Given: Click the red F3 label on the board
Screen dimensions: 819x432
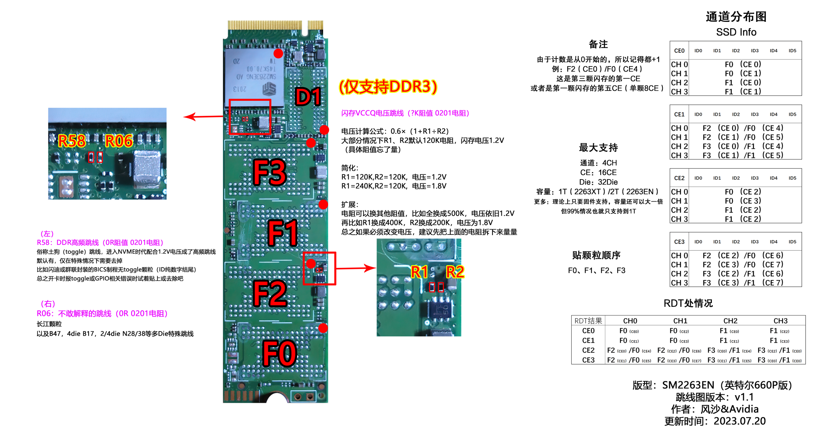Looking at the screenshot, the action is (269, 172).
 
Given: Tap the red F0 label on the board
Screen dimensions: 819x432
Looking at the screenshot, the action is (279, 353).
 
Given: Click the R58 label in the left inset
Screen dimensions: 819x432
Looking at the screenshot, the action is (72, 141).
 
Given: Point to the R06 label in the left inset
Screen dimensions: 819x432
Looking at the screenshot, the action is (119, 141).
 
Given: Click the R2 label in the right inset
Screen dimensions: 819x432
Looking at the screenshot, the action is (455, 272).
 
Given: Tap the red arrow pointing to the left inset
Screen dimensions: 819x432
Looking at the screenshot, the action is (203, 116).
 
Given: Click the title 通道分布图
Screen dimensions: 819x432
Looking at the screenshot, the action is (736, 17).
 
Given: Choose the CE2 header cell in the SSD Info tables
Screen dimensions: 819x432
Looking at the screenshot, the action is (679, 178).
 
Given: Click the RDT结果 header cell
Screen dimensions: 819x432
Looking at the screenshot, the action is (588, 321).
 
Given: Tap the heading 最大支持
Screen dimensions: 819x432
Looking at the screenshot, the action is (598, 148).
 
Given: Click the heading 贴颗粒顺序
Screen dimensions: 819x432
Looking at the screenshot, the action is (596, 255).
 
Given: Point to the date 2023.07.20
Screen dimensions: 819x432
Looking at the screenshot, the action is (740, 421).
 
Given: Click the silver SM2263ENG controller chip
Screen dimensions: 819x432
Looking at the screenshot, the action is (254, 77).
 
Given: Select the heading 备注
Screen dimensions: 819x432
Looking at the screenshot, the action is (598, 44).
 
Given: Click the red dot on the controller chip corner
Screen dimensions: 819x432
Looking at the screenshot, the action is (278, 53).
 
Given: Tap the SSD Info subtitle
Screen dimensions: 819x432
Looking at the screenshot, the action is (736, 32).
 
